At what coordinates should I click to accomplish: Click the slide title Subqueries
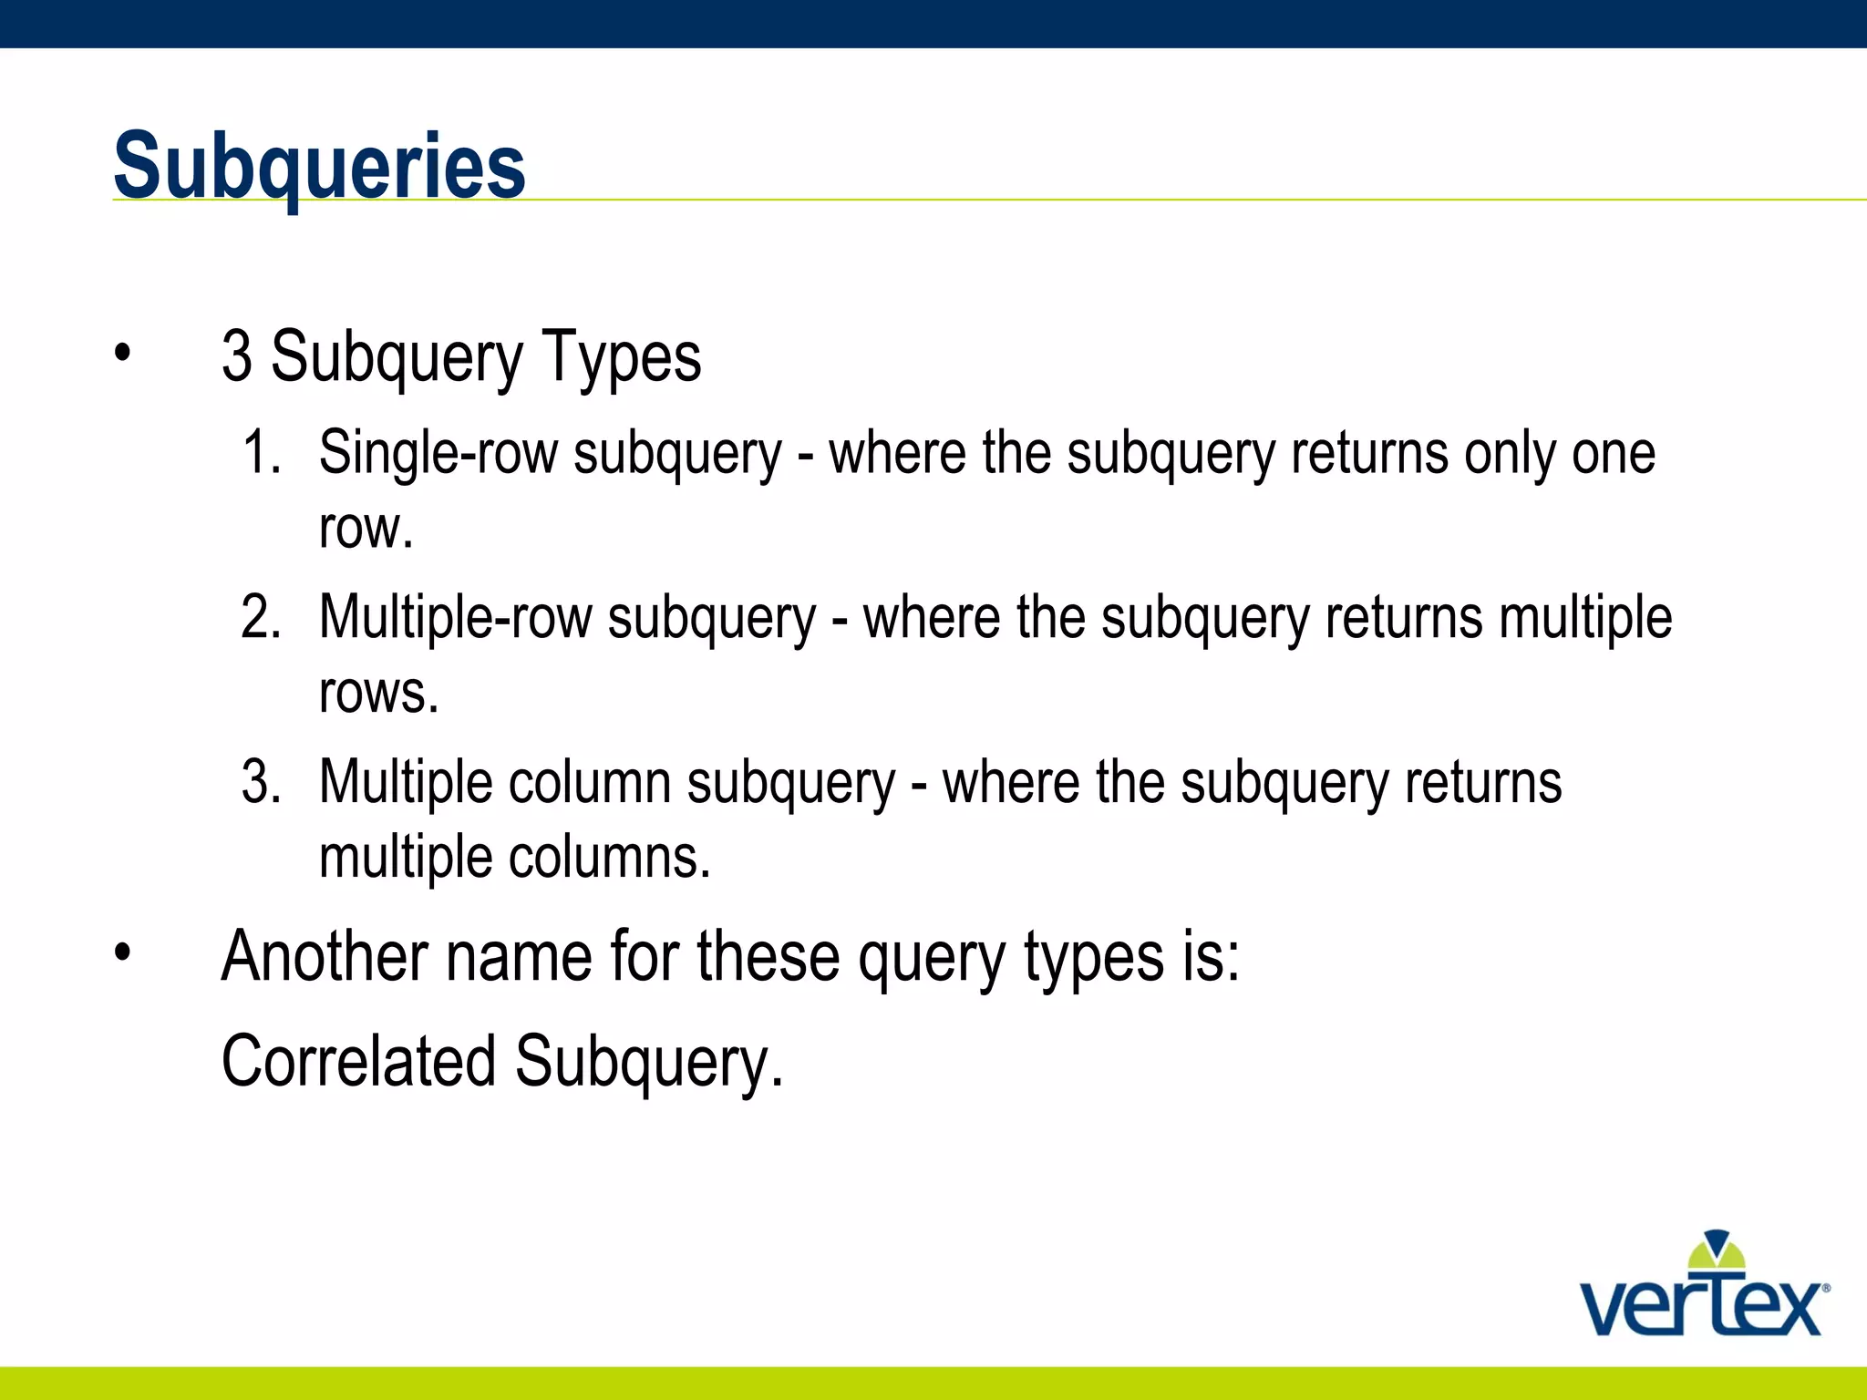point(319,166)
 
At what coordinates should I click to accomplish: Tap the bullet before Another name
point(123,953)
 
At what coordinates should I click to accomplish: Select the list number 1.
point(260,452)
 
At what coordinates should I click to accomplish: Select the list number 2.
point(260,617)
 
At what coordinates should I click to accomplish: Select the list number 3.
point(260,782)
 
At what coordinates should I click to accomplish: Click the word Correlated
point(358,1061)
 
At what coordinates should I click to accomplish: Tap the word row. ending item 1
point(366,530)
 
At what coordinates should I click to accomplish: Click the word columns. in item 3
point(608,858)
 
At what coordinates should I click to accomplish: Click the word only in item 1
point(1509,454)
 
